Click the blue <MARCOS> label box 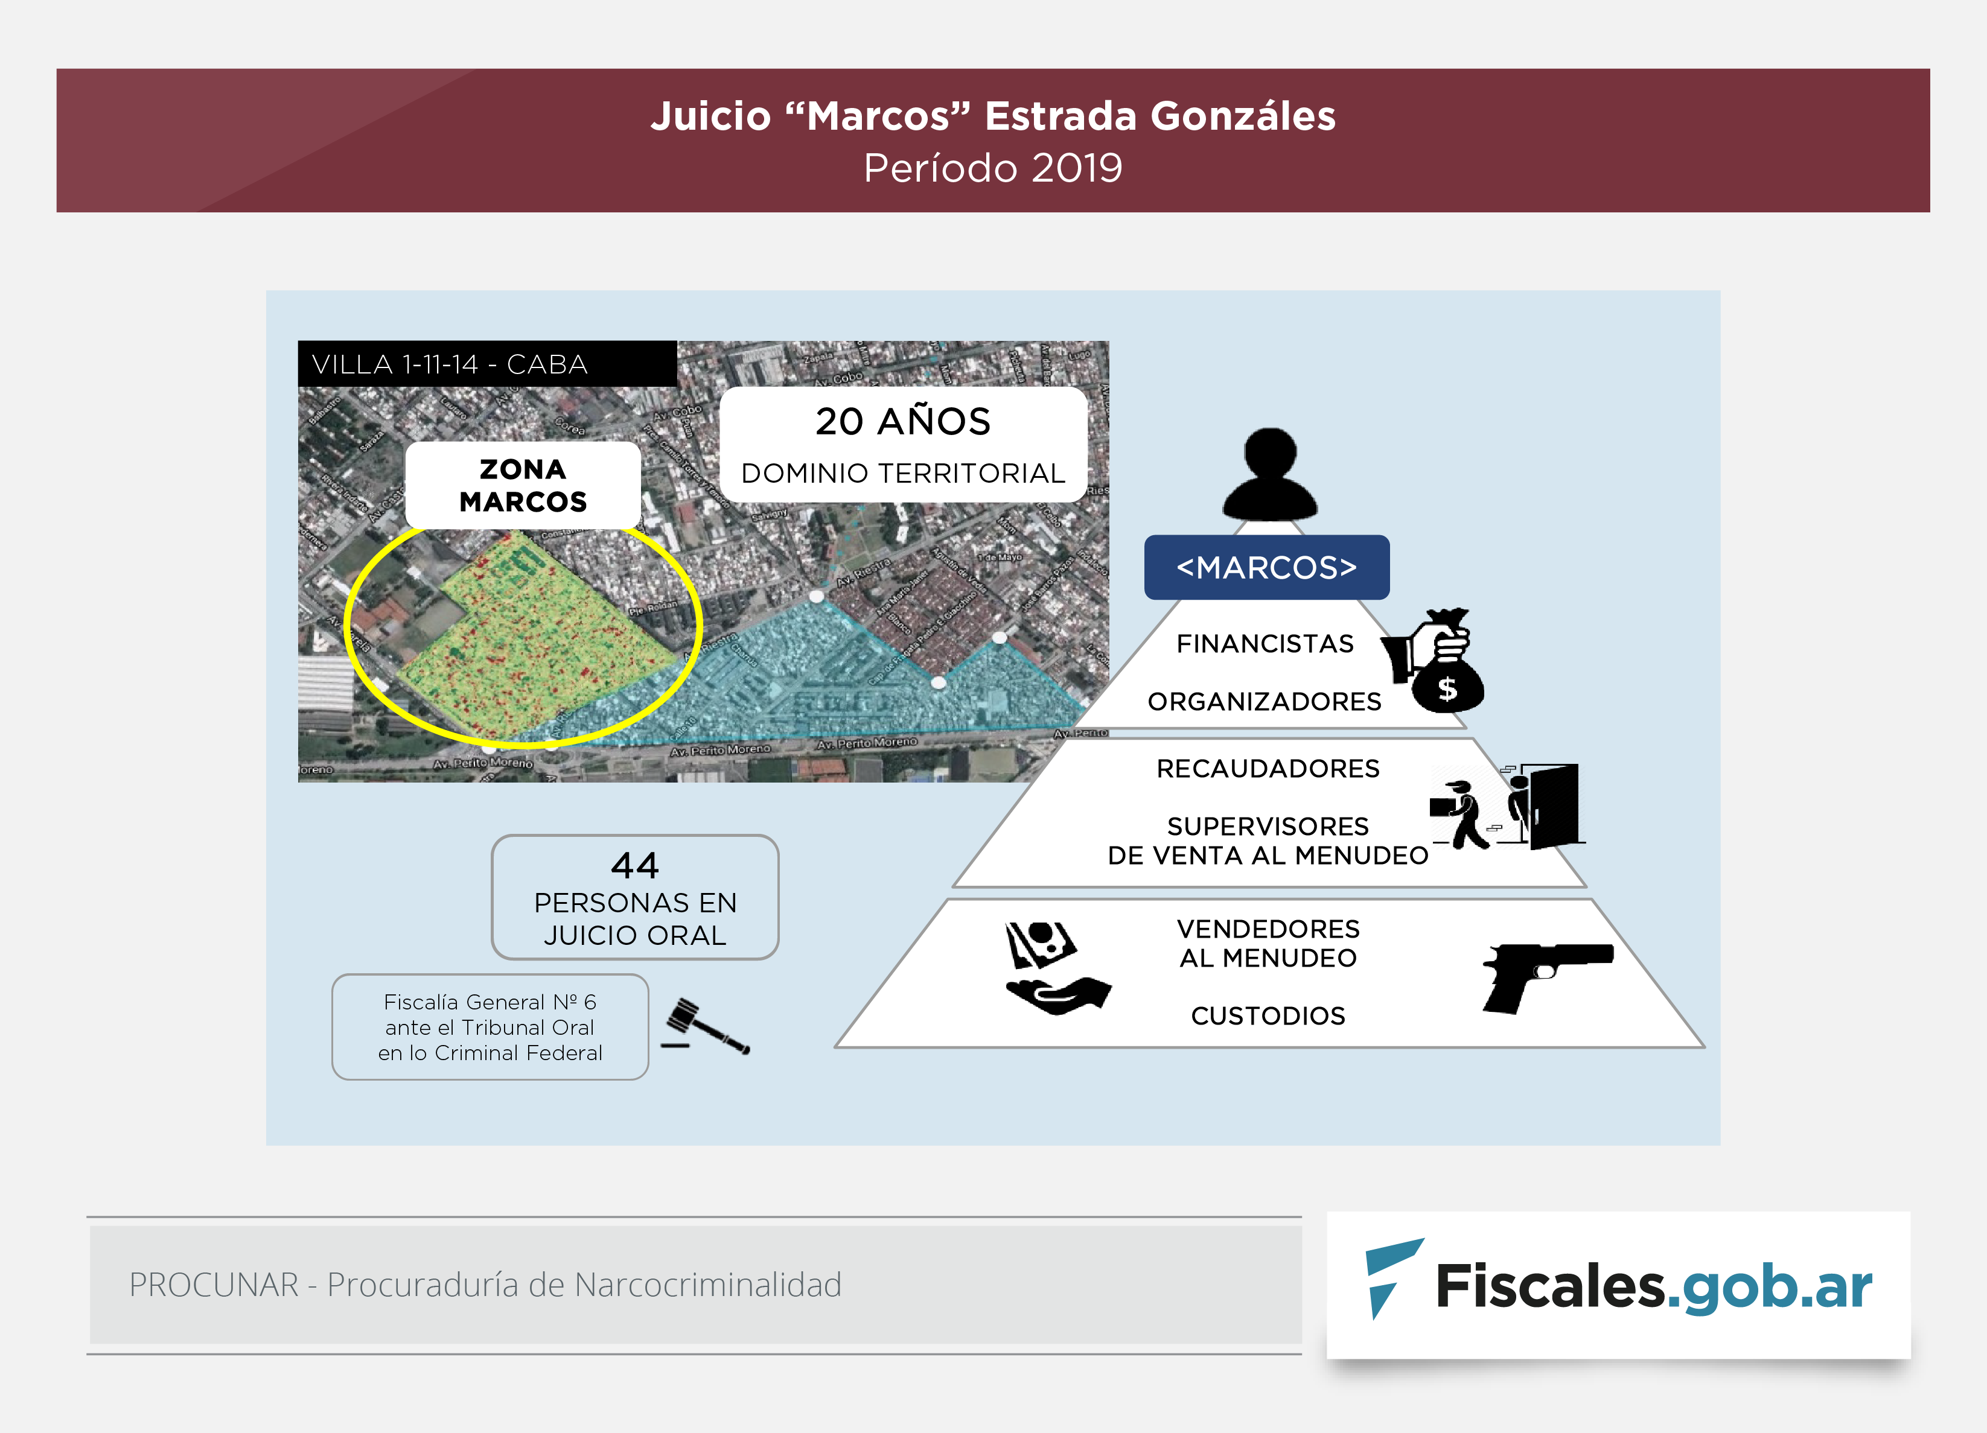click(x=1266, y=568)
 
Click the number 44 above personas click(x=634, y=865)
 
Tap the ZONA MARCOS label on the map click(x=523, y=485)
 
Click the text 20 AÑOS click(x=902, y=421)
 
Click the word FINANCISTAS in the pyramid click(x=1265, y=644)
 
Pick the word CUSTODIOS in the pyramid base click(x=1267, y=1015)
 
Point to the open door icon click(x=1551, y=806)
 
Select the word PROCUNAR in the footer click(x=214, y=1285)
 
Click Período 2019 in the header click(x=993, y=168)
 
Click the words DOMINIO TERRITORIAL click(x=902, y=473)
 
